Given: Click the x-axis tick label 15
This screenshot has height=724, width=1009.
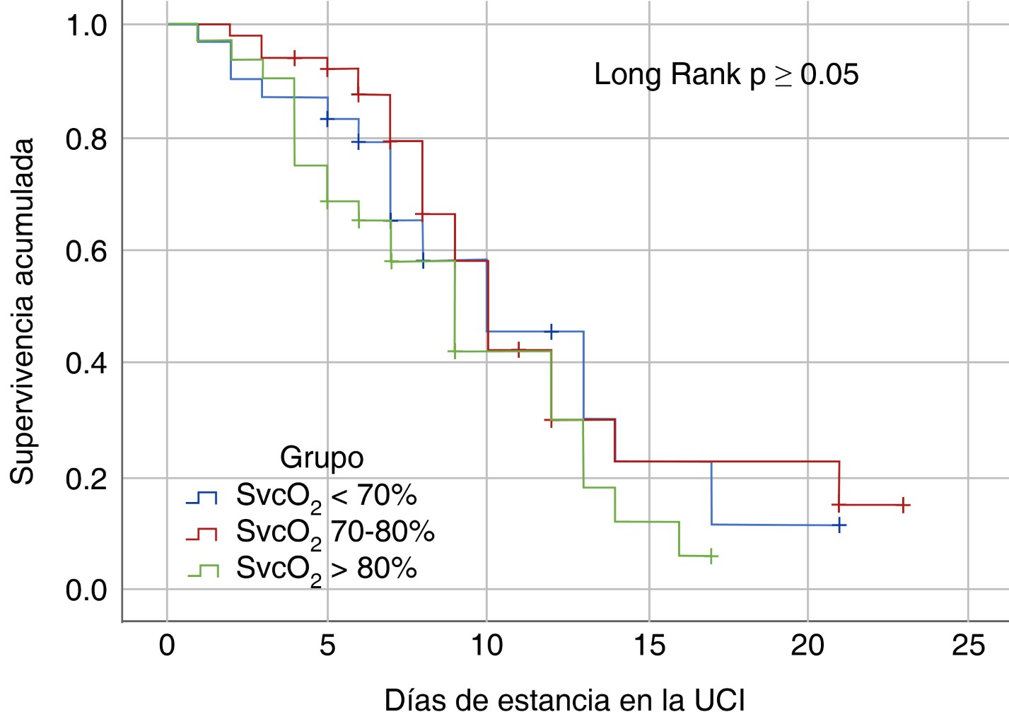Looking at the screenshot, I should pyautogui.click(x=648, y=645).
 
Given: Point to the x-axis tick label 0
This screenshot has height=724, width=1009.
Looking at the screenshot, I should pyautogui.click(x=167, y=645).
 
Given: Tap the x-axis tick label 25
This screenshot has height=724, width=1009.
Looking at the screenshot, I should pyautogui.click(x=968, y=645).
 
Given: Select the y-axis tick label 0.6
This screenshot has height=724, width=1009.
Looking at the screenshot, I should pyautogui.click(x=86, y=251).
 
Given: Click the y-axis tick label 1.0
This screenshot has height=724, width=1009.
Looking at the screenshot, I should pyautogui.click(x=86, y=25).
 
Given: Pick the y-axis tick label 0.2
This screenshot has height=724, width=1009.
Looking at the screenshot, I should pyautogui.click(x=86, y=479).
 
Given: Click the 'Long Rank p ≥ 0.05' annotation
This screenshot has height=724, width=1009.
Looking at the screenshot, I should pyautogui.click(x=726, y=74).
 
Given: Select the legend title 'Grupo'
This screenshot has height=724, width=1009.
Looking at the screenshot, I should pyautogui.click(x=322, y=457).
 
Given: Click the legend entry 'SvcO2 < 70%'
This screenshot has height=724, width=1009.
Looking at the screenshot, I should pyautogui.click(x=325, y=496).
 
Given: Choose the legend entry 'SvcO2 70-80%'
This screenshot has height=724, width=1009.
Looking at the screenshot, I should pyautogui.click(x=334, y=532).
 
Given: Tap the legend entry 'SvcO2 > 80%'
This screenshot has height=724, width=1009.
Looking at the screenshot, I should pyautogui.click(x=325, y=568).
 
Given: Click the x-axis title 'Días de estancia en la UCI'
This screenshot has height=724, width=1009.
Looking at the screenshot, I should pyautogui.click(x=564, y=701).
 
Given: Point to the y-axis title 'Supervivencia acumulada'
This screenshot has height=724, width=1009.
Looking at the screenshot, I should pyautogui.click(x=23, y=311).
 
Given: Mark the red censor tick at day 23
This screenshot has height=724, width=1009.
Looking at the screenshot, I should pyautogui.click(x=903, y=505).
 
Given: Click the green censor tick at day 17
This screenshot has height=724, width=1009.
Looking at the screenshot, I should pyautogui.click(x=711, y=556).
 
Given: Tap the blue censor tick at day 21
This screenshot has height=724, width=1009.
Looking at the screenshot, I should pyautogui.click(x=839, y=525).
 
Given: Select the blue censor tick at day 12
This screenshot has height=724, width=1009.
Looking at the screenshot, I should pyautogui.click(x=552, y=331).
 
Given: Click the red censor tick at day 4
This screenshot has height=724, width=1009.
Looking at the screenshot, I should pyautogui.click(x=294, y=58).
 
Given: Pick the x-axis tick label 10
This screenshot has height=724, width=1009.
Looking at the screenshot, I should pyautogui.click(x=487, y=645).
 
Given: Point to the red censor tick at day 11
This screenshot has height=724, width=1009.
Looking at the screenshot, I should pyautogui.click(x=519, y=349).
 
